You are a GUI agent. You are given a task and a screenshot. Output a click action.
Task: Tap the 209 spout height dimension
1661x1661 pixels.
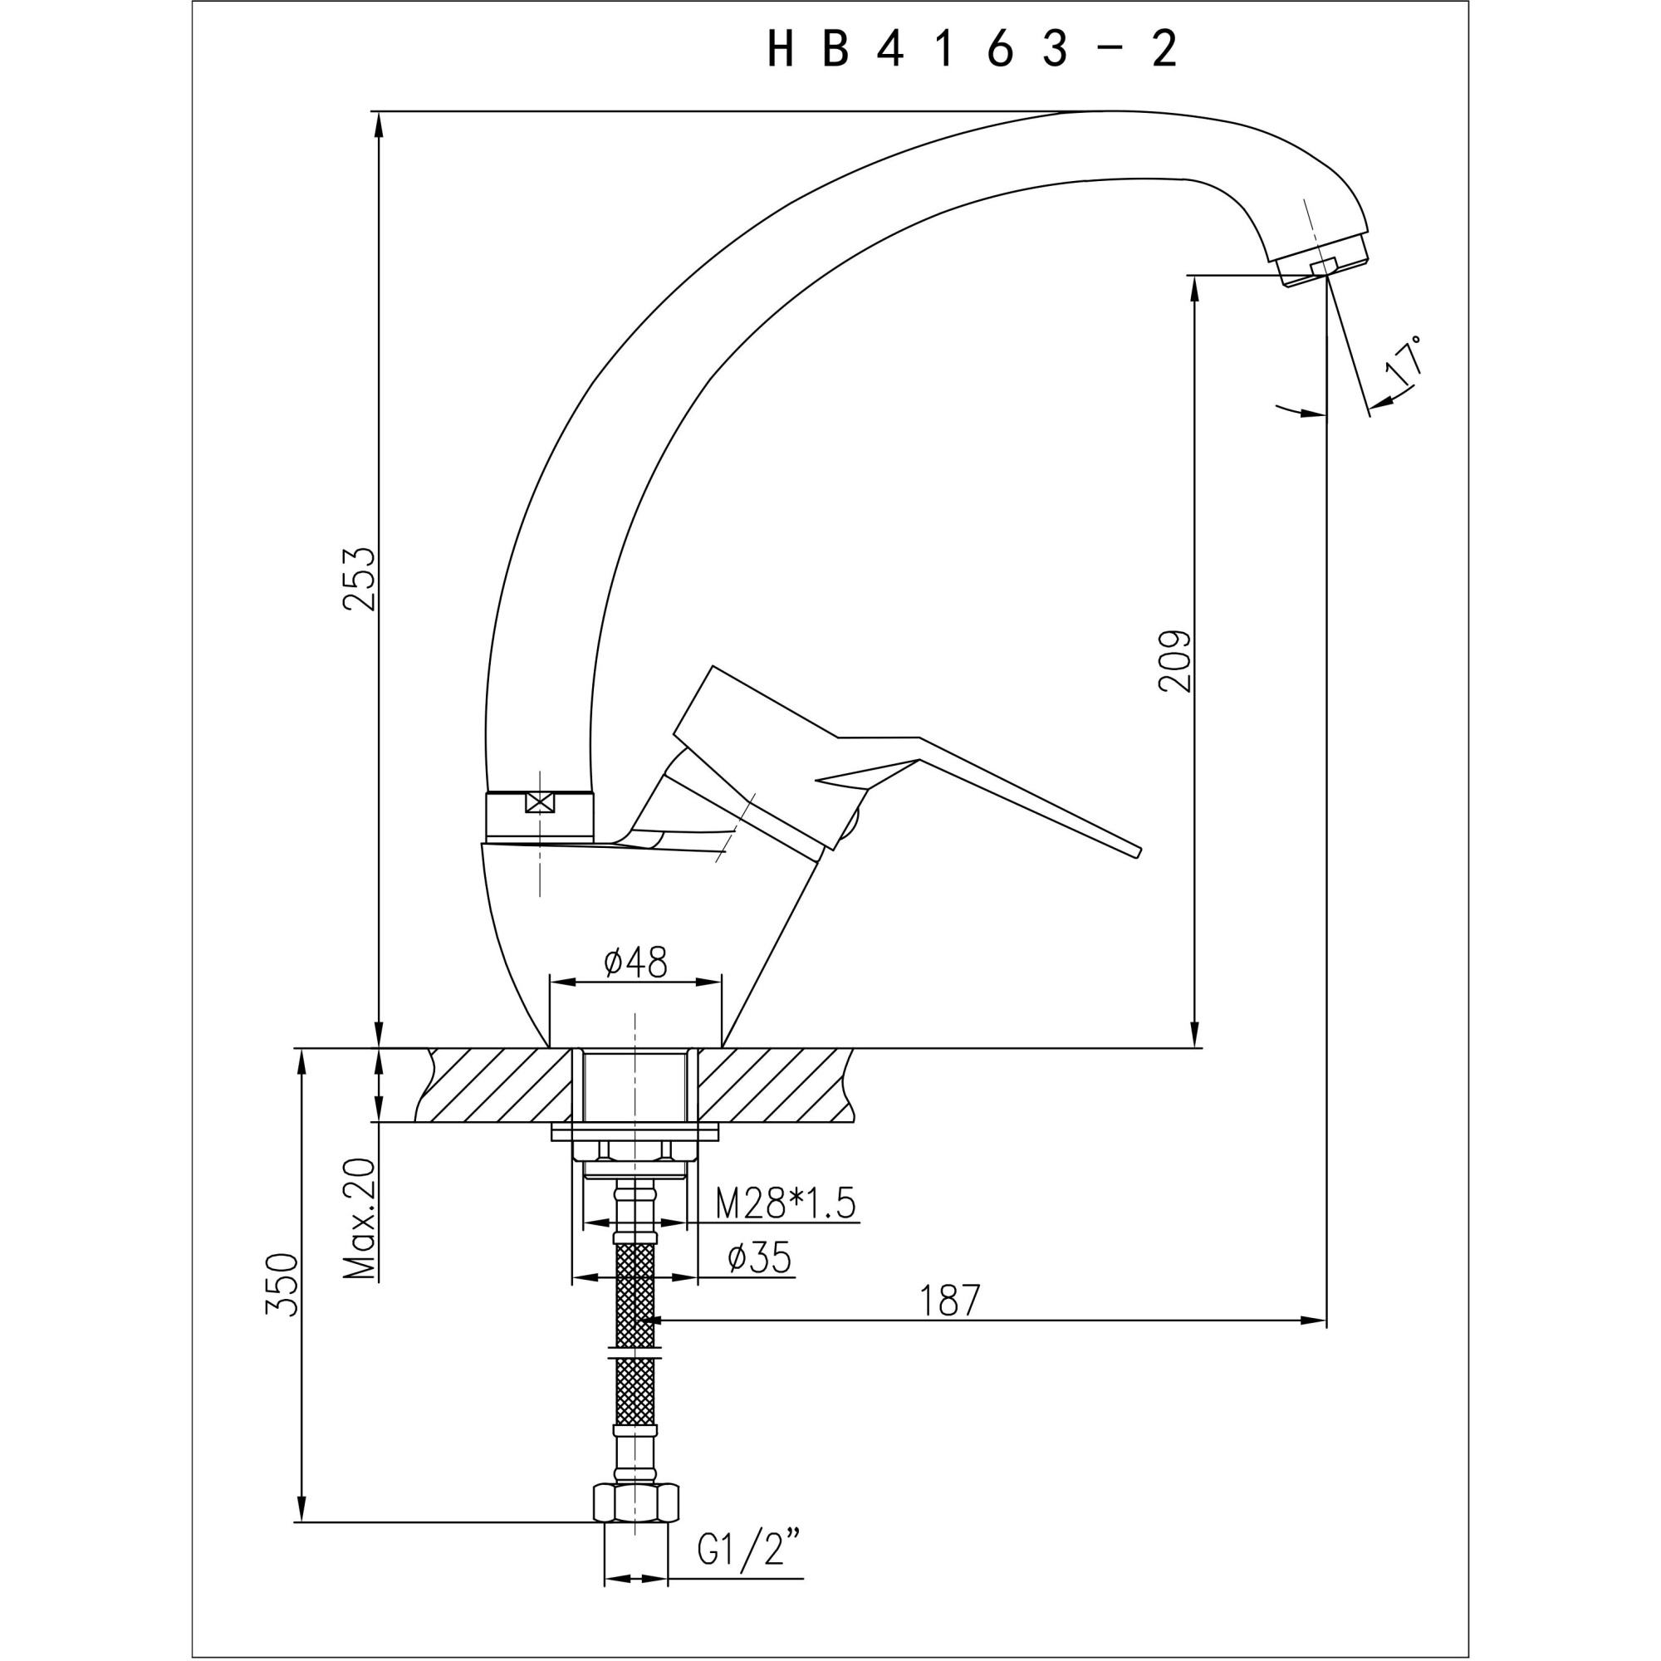click(1175, 661)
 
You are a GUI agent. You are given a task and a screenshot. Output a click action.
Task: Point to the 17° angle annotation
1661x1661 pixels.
click(1403, 361)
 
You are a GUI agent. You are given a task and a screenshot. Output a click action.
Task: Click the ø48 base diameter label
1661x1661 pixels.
click(635, 962)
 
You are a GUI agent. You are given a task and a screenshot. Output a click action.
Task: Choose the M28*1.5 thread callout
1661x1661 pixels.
click(786, 1203)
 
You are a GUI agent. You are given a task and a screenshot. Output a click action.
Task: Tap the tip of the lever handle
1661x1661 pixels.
click(1137, 851)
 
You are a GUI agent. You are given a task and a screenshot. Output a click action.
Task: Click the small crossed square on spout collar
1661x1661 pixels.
click(539, 802)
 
